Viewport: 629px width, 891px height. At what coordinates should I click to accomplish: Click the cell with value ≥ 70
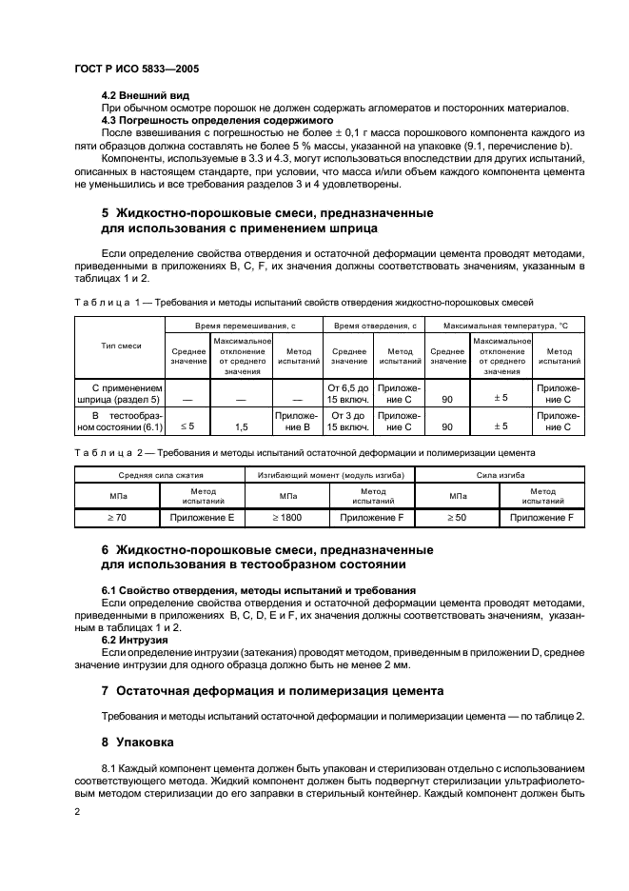tap(116, 517)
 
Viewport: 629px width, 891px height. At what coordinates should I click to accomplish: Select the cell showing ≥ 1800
tap(287, 517)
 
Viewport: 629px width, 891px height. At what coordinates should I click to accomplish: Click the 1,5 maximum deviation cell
tap(242, 427)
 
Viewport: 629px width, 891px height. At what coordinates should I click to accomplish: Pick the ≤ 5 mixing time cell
tap(187, 427)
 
